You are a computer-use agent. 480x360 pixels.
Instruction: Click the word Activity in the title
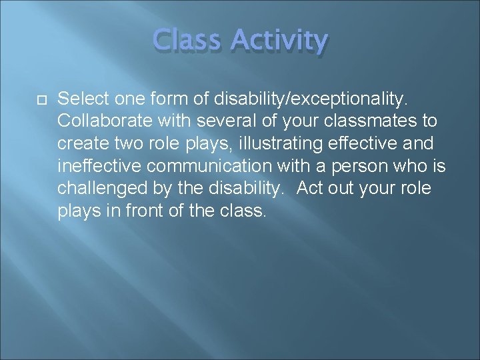tap(279, 41)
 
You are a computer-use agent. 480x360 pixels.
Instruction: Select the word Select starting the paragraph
tap(81, 99)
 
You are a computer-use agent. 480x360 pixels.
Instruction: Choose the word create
tap(80, 144)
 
